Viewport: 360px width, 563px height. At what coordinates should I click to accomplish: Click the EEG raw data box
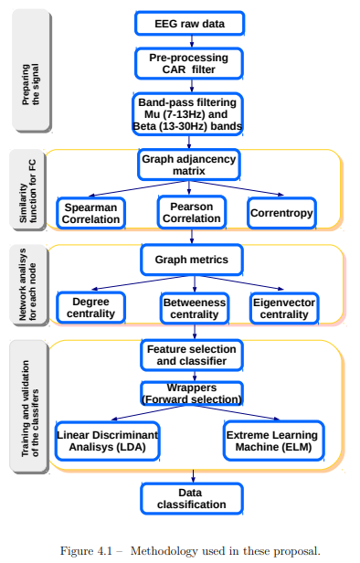(189, 23)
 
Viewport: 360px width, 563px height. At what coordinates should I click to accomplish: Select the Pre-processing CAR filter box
(189, 64)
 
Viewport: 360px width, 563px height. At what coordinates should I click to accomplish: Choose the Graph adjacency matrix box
(189, 165)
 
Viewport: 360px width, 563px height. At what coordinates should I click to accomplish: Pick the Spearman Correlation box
(90, 214)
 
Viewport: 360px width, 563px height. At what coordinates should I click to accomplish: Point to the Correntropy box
(281, 213)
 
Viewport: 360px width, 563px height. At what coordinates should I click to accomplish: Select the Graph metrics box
(191, 260)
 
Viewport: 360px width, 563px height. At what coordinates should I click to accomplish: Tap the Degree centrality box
(91, 308)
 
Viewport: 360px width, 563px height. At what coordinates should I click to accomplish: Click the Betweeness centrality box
(194, 308)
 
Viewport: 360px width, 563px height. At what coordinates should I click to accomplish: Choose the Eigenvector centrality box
(285, 308)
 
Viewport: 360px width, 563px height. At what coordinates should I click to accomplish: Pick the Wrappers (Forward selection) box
(190, 393)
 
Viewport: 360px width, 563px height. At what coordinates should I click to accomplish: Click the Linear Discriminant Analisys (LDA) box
(107, 441)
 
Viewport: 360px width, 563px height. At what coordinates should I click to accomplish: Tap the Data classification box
(190, 498)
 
